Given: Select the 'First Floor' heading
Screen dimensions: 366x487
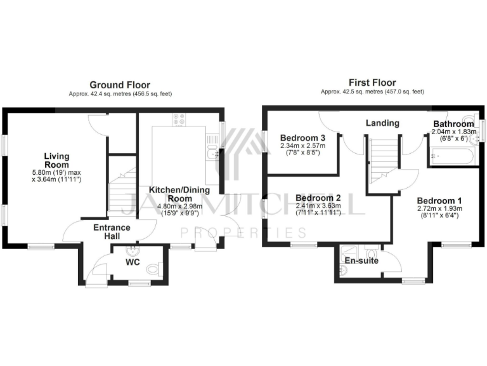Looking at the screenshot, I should (372, 83).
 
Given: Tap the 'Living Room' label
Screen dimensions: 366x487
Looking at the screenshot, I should (56, 161).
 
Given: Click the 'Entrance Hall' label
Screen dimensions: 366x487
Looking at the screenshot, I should (112, 232).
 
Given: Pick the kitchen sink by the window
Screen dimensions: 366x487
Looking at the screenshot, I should (213, 151).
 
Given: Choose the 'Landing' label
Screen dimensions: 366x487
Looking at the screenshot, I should (382, 123).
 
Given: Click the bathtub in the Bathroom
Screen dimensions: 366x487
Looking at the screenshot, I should (451, 155).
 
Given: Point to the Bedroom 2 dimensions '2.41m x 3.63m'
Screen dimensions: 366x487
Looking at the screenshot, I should (318, 205).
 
